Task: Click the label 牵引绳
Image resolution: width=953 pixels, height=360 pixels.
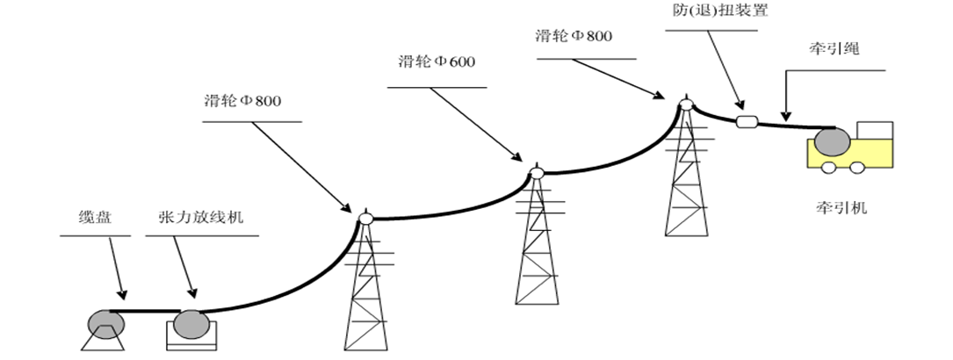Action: (x=835, y=50)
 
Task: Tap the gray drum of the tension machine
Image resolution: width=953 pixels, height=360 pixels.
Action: (x=191, y=325)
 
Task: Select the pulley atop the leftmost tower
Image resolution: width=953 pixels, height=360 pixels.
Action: (x=365, y=217)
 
